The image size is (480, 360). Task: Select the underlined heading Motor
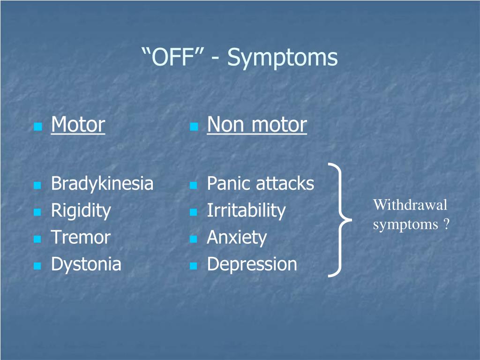coord(78,125)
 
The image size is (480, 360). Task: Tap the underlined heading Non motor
coord(257,125)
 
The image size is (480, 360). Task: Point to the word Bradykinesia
coord(102,183)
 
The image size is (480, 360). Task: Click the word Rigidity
coord(81,210)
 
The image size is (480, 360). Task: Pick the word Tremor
coord(81,237)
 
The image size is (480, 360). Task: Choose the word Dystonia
coord(86,264)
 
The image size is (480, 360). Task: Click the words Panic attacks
coord(260,183)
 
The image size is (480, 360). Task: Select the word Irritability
coord(246,210)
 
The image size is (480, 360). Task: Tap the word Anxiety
coord(237,238)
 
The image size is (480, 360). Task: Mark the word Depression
coord(252,264)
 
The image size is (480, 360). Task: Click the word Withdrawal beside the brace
coord(410,205)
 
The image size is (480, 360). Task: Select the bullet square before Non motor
coord(194,127)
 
